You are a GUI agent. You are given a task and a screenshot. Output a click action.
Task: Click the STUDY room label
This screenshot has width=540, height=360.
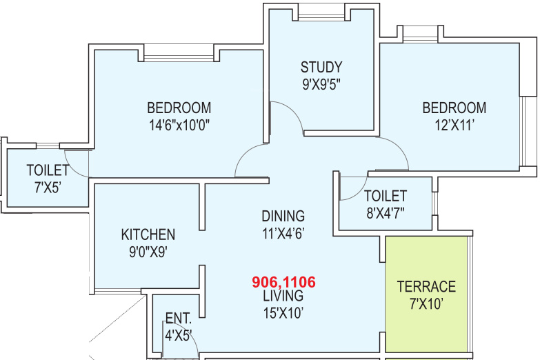[321, 67]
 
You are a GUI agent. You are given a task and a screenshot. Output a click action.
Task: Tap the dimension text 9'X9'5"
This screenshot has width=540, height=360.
[321, 84]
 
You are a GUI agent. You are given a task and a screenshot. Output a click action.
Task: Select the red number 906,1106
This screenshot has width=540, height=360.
[283, 282]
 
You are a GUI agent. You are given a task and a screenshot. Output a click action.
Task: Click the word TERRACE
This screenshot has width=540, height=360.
[426, 287]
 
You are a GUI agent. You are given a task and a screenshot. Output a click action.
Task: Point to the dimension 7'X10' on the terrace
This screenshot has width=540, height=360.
[426, 304]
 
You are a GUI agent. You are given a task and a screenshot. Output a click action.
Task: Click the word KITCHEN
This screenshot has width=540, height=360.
[148, 234]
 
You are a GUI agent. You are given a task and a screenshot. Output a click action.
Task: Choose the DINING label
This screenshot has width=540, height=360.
[283, 217]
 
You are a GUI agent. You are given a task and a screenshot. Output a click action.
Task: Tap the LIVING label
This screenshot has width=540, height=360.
[283, 296]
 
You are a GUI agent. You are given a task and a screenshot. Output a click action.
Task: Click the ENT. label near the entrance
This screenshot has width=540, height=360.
[179, 319]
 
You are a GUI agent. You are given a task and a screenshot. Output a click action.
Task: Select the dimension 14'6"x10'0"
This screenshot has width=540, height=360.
[179, 125]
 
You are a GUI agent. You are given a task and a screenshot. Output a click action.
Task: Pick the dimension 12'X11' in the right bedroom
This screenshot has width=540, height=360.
[454, 125]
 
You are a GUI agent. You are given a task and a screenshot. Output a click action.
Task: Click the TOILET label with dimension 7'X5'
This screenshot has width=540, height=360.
[48, 170]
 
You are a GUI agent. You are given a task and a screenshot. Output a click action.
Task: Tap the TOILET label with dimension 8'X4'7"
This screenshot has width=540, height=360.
[386, 196]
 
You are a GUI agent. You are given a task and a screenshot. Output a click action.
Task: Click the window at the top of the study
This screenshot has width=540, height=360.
[321, 15]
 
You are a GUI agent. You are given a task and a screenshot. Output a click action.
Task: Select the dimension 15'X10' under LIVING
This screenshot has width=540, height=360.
[283, 313]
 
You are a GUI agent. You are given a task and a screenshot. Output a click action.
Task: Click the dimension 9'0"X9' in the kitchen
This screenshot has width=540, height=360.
[148, 252]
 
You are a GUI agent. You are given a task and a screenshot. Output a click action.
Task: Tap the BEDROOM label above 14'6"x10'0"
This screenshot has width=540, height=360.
[179, 108]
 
